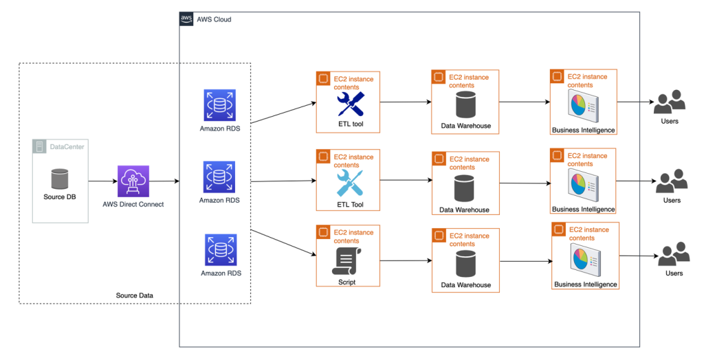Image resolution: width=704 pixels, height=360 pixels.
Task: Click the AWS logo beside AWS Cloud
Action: [x=186, y=19]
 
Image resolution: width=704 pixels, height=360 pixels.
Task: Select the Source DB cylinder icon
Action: [x=60, y=179]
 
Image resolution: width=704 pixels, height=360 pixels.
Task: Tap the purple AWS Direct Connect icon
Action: [x=133, y=181]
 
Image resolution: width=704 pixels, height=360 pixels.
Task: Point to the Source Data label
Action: [x=135, y=295]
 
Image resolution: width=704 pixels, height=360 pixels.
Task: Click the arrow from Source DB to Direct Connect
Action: [x=102, y=181]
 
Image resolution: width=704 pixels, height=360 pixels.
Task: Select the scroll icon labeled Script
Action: [x=346, y=261]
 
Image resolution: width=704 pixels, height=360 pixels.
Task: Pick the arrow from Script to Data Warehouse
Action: [x=405, y=261]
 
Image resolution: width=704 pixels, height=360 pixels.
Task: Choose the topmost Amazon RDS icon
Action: [x=219, y=105]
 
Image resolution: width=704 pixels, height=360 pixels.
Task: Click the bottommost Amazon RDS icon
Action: [x=219, y=250]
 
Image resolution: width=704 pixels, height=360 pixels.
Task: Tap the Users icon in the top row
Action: [x=669, y=103]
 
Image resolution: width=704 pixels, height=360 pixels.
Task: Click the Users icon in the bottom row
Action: [x=673, y=255]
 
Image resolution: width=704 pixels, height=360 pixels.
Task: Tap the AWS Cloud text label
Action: [x=214, y=19]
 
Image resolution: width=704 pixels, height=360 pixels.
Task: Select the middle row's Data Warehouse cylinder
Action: [x=465, y=188]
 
